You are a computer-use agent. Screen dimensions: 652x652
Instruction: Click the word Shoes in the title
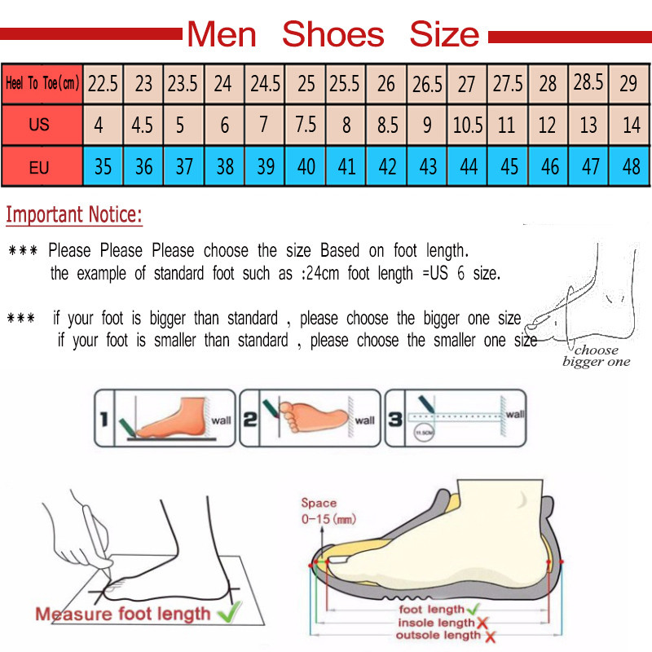pyautogui.click(x=333, y=35)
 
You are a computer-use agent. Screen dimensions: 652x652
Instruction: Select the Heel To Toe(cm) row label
pyautogui.click(x=42, y=83)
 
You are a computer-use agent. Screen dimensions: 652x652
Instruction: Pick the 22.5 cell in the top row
pyautogui.click(x=104, y=83)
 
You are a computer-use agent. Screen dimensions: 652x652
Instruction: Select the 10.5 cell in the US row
pyautogui.click(x=469, y=126)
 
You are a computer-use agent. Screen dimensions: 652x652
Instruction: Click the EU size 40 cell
pyautogui.click(x=306, y=168)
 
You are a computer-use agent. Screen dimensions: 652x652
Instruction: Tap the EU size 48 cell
pyautogui.click(x=631, y=168)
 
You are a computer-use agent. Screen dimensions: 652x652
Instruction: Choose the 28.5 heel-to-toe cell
pyautogui.click(x=588, y=83)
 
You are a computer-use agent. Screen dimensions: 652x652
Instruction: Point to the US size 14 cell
pyautogui.click(x=631, y=126)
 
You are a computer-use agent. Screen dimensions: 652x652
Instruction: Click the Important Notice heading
pyautogui.click(x=74, y=216)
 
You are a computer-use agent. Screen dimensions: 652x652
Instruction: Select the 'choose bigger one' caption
pyautogui.click(x=596, y=356)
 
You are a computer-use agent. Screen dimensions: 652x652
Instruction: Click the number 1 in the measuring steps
pyautogui.click(x=104, y=420)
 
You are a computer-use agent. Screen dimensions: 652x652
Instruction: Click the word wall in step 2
pyautogui.click(x=365, y=421)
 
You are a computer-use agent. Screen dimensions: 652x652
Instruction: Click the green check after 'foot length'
pyautogui.click(x=474, y=609)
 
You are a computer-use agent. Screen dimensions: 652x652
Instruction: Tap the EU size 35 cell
pyautogui.click(x=104, y=168)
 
